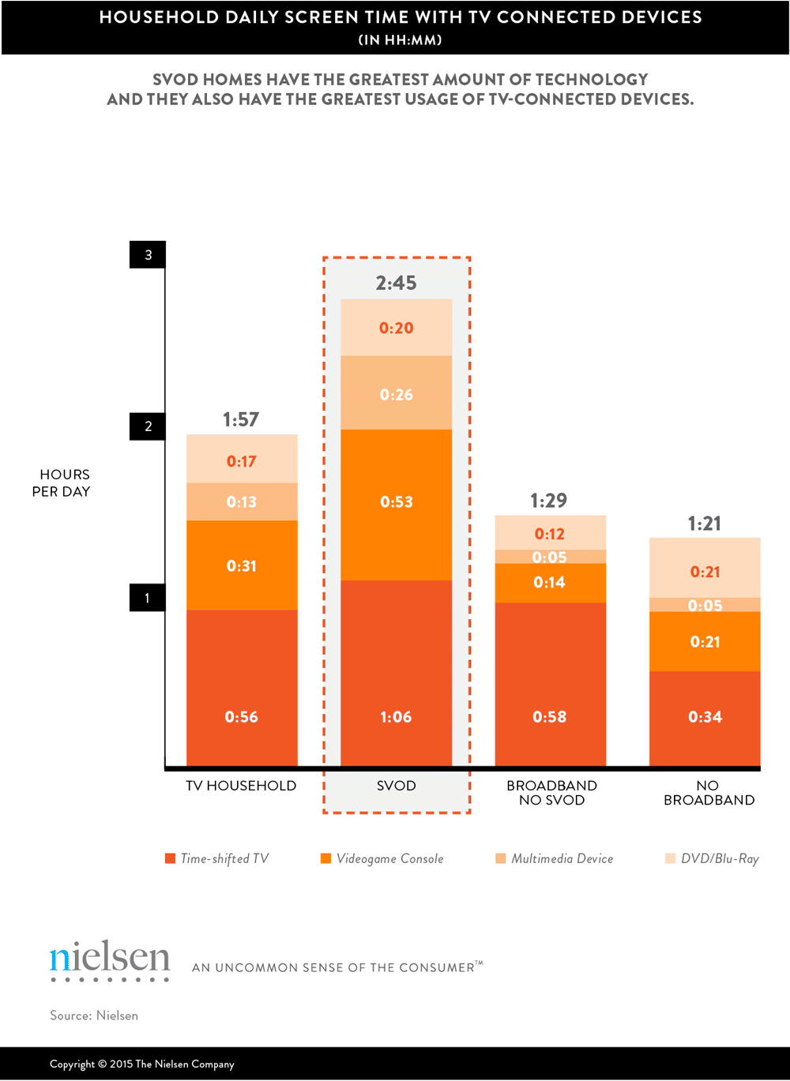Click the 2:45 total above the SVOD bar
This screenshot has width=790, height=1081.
396,283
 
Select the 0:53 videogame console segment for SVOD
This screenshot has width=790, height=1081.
396,502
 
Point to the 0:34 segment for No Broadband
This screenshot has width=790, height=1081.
705,717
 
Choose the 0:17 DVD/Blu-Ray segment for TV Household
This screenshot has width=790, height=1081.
242,461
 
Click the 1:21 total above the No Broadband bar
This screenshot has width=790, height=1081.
704,524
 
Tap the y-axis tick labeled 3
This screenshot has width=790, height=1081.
148,255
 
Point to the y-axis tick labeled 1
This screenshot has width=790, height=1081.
148,598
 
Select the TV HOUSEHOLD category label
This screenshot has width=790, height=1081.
241,786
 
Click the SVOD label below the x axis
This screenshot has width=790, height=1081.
396,786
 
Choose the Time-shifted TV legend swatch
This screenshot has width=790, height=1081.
170,859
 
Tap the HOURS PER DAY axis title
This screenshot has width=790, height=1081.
63,482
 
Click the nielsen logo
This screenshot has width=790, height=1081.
110,959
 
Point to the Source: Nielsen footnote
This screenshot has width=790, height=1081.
94,1015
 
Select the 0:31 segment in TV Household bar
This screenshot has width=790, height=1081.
242,566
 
